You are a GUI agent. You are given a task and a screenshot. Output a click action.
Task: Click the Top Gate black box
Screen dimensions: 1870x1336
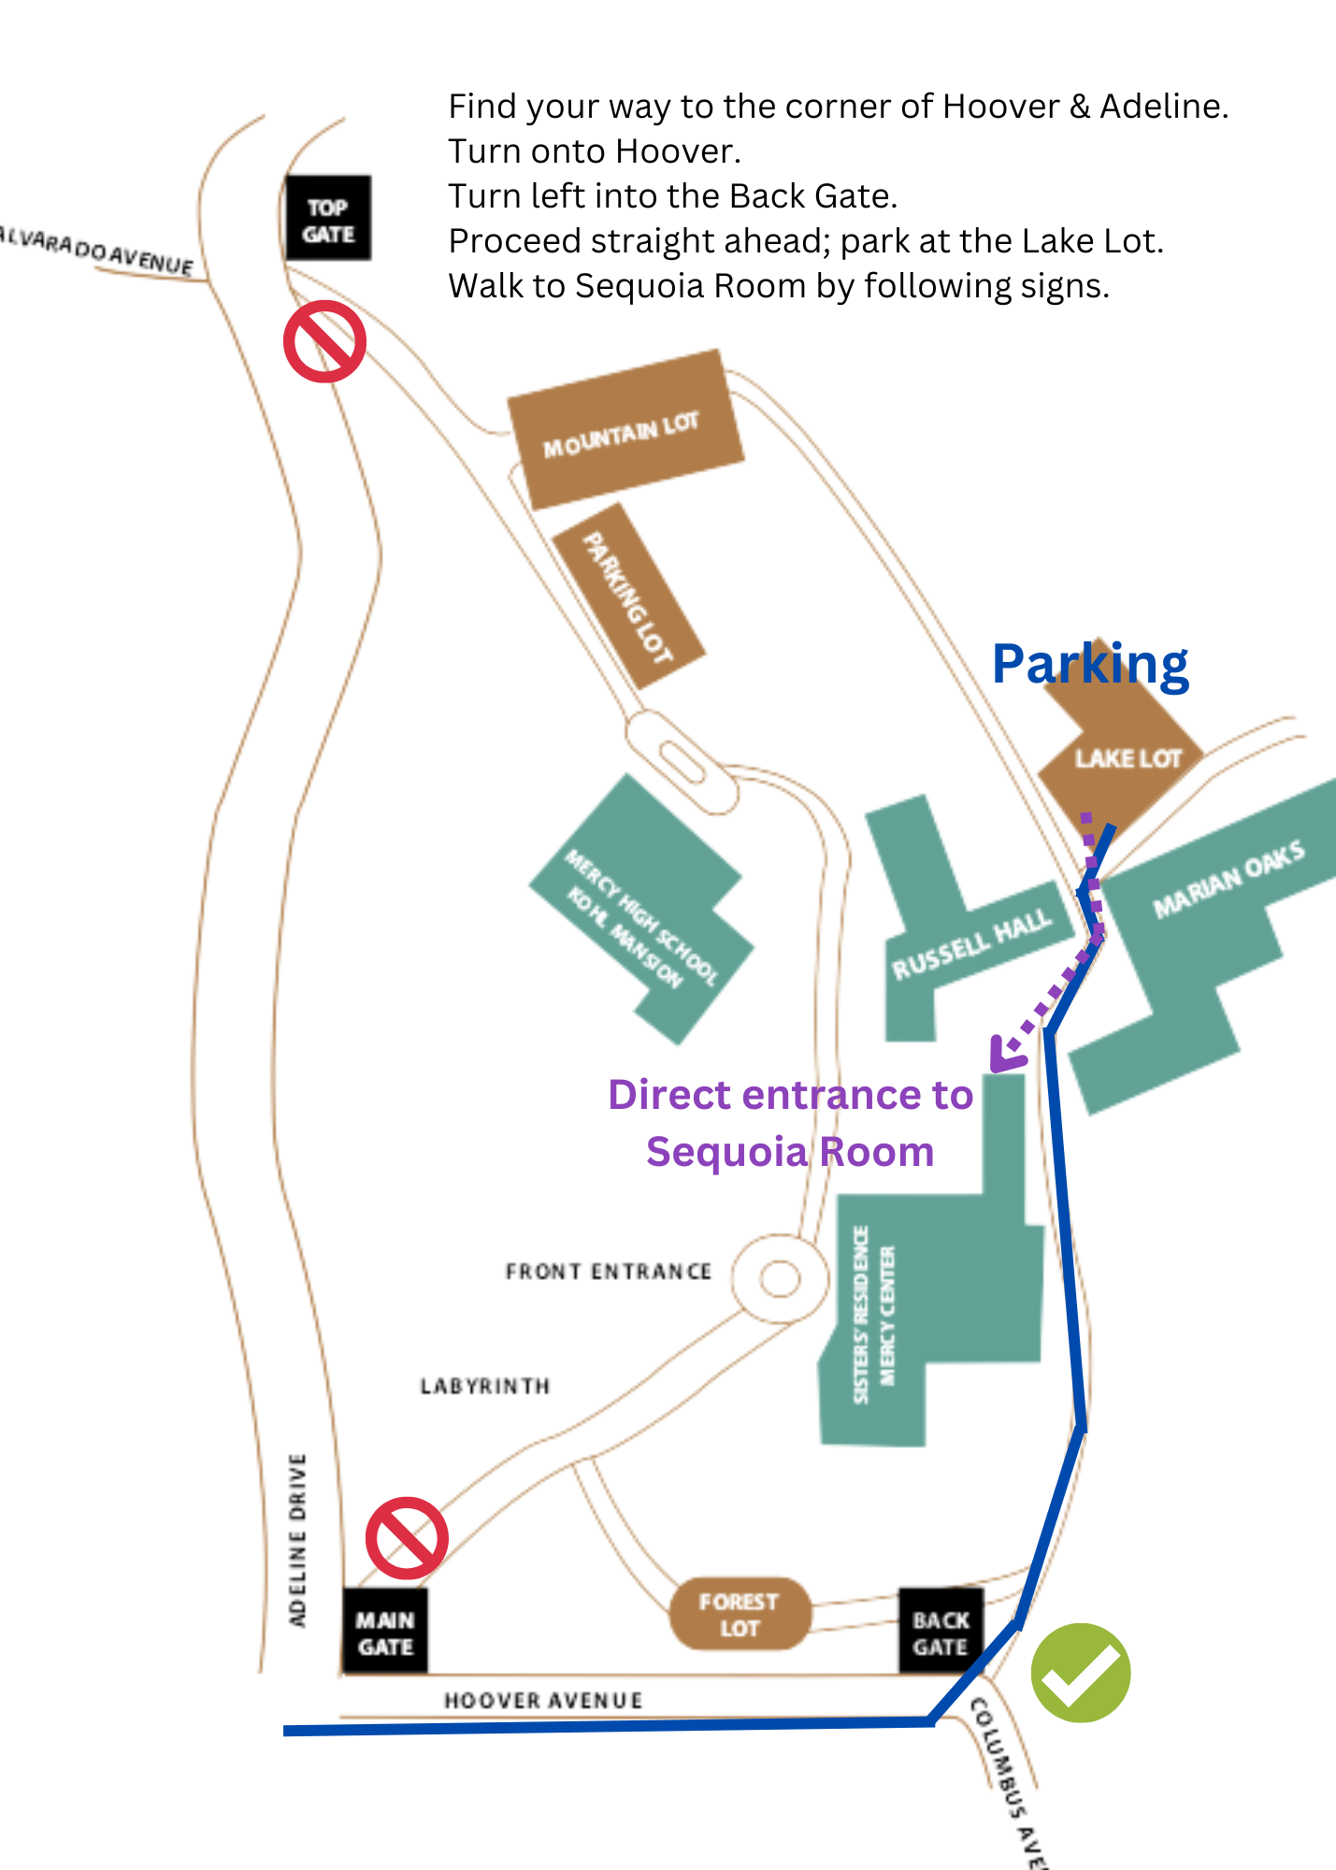(327, 219)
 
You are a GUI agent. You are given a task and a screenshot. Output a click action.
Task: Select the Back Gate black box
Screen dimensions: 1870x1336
(941, 1633)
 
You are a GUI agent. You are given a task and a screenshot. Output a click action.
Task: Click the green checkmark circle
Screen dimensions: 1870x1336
(1081, 1673)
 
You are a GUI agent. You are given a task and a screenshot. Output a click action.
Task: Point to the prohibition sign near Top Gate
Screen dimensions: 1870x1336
(324, 341)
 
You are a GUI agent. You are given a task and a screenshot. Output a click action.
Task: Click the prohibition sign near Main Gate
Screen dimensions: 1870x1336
(407, 1539)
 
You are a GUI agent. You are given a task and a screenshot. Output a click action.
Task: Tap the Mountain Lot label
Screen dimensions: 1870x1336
(621, 435)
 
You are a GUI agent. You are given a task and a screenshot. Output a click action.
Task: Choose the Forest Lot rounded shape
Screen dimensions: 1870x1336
(740, 1615)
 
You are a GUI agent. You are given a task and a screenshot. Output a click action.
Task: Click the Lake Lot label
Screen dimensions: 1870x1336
(1128, 758)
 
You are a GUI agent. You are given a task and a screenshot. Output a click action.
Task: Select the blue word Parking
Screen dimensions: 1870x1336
(1090, 666)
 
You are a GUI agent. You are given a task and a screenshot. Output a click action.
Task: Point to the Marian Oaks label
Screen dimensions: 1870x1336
(1228, 878)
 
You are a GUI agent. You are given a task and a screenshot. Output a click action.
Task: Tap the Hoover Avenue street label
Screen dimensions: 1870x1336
(543, 1700)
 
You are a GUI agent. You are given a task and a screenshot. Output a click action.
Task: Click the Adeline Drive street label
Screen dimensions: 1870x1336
(297, 1539)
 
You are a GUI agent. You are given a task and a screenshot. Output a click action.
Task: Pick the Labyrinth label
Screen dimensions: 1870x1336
(485, 1386)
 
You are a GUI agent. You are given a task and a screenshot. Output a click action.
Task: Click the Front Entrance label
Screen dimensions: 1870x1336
(609, 1272)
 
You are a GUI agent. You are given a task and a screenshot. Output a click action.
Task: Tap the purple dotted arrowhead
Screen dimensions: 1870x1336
(1006, 1056)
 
